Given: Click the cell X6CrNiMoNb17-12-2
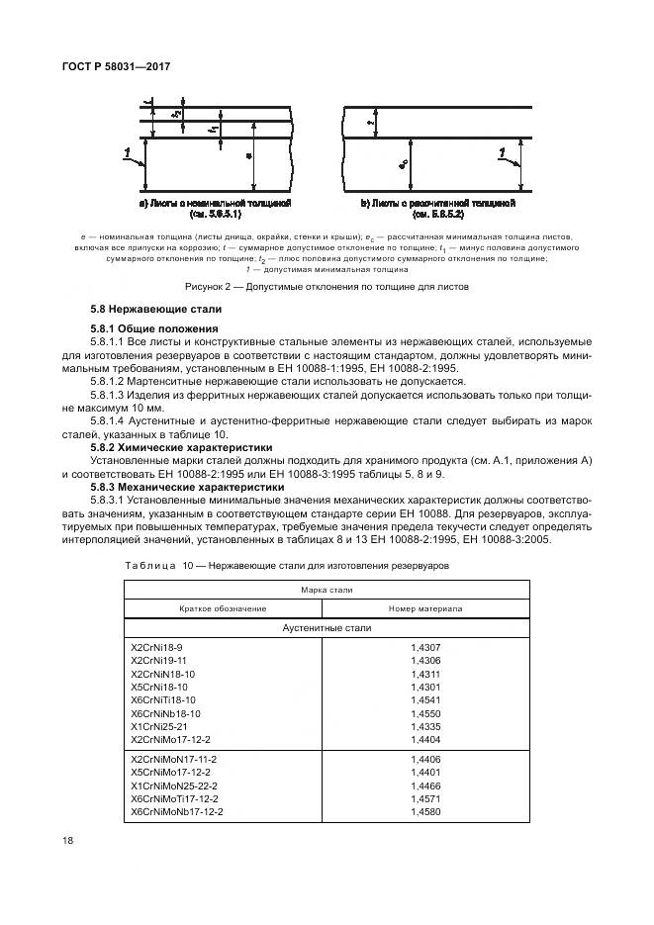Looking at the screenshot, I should click(177, 811).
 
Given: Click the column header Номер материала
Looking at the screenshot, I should click(426, 607).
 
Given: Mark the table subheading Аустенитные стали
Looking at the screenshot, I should click(327, 627).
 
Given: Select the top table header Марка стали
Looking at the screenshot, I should click(327, 590).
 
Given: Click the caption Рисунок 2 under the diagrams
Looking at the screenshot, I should click(327, 286).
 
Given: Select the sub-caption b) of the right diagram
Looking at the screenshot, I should click(437, 208).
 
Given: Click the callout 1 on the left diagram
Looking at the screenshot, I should click(128, 151).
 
